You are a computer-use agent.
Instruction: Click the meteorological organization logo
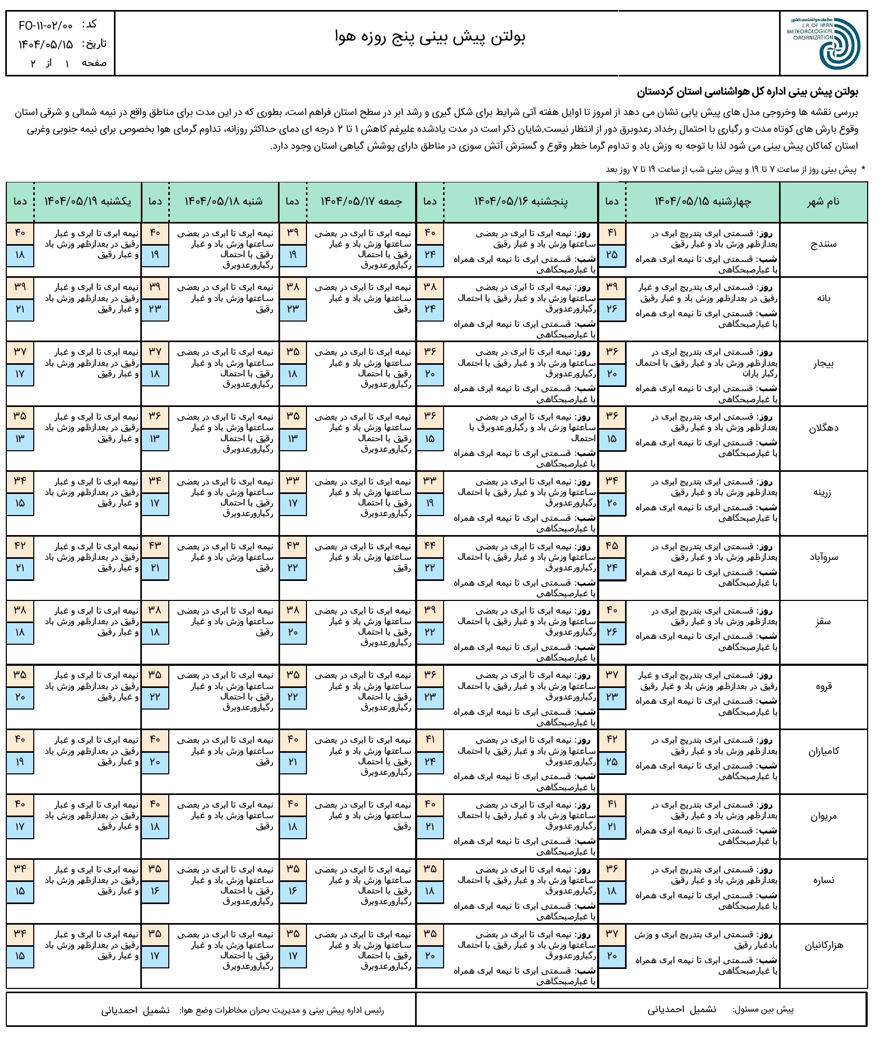tap(825, 43)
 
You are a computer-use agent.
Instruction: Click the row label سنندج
tap(823, 244)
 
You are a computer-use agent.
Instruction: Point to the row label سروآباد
tap(823, 557)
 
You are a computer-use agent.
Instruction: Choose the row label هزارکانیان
tap(823, 945)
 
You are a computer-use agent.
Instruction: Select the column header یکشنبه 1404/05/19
tap(88, 201)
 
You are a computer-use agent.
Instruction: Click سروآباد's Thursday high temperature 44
tap(430, 546)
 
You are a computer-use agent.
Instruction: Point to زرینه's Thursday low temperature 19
tap(430, 503)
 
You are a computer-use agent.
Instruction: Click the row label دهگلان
tap(823, 428)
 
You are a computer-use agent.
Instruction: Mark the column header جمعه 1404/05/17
tap(361, 201)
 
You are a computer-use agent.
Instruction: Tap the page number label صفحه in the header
tap(94, 63)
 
